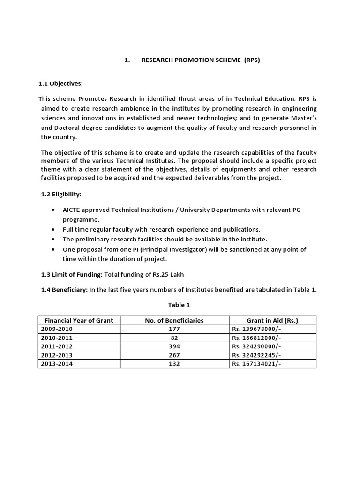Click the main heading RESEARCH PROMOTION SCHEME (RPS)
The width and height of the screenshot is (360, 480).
click(200, 60)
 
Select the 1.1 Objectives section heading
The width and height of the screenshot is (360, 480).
click(60, 83)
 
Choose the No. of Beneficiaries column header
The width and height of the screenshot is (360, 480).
click(174, 321)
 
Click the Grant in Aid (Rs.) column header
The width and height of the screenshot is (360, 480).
click(272, 321)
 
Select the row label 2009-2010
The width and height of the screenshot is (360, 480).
click(57, 329)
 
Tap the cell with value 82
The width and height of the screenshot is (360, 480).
click(174, 338)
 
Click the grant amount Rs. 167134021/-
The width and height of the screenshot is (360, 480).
click(256, 364)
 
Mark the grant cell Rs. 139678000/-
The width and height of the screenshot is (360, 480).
click(256, 329)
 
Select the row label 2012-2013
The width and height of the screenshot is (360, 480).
click(57, 355)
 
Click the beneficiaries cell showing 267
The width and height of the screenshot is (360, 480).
click(174, 355)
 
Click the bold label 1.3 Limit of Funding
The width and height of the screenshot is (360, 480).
click(71, 274)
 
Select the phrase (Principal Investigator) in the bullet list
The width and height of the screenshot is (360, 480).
click(156, 250)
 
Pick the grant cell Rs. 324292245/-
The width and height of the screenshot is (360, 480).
click(256, 355)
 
